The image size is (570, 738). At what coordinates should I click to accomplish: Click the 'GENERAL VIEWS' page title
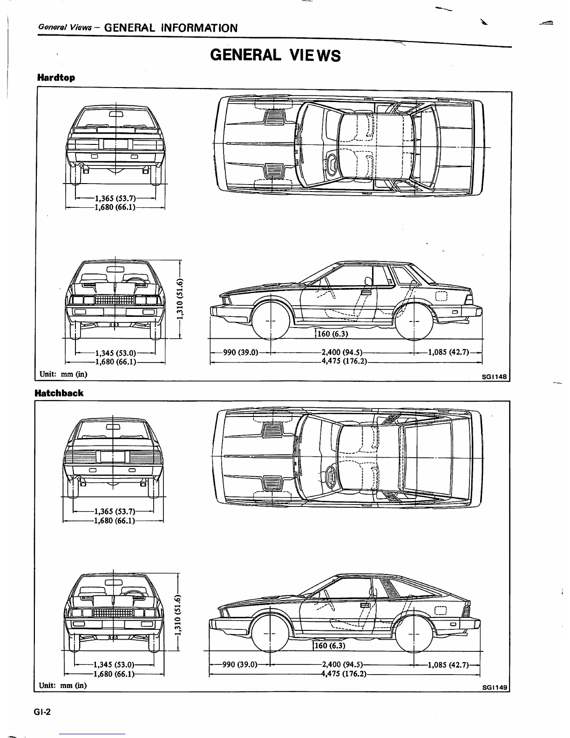(x=276, y=55)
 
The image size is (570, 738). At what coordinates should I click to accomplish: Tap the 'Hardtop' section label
(x=56, y=78)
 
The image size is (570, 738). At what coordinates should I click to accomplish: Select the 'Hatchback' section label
(x=59, y=393)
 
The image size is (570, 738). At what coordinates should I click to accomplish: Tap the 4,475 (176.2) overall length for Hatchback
(x=344, y=674)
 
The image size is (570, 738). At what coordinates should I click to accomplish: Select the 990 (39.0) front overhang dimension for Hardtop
(x=241, y=352)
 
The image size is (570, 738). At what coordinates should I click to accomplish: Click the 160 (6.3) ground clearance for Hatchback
(x=330, y=646)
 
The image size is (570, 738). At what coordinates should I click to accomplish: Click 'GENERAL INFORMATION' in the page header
(x=170, y=28)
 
